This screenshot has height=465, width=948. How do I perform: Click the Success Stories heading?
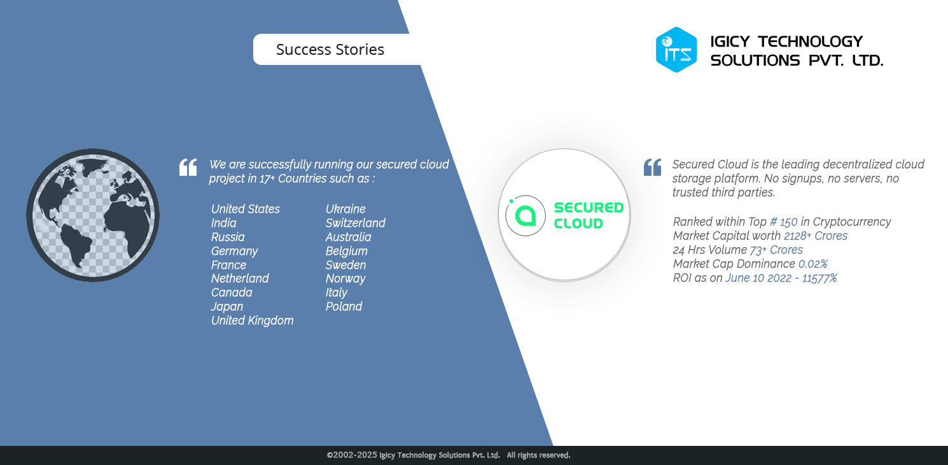click(x=330, y=50)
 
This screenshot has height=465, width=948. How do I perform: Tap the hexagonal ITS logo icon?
click(x=676, y=50)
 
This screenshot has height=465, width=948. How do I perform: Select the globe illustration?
click(x=93, y=215)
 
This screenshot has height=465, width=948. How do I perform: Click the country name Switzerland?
click(x=356, y=223)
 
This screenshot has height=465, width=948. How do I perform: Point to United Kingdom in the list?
click(x=252, y=320)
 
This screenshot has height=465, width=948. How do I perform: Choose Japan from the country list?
click(x=227, y=306)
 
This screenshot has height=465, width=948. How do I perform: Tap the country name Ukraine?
click(x=345, y=209)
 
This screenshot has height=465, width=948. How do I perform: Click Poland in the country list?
click(x=344, y=306)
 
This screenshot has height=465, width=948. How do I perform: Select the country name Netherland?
click(x=240, y=278)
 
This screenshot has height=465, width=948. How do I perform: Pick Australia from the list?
click(x=348, y=237)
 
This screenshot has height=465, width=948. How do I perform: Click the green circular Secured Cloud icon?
click(x=525, y=215)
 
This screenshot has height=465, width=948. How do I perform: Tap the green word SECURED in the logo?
click(x=589, y=208)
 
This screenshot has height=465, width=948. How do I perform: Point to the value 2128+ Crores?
click(x=816, y=236)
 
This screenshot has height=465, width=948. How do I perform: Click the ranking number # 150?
click(x=783, y=222)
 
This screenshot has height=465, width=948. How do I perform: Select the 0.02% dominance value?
click(x=812, y=264)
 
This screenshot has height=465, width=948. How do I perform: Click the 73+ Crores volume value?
click(x=776, y=250)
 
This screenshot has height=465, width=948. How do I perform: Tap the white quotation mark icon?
click(x=188, y=167)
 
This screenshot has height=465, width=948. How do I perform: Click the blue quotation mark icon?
click(x=652, y=167)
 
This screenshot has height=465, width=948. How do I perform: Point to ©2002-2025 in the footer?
click(x=352, y=455)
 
